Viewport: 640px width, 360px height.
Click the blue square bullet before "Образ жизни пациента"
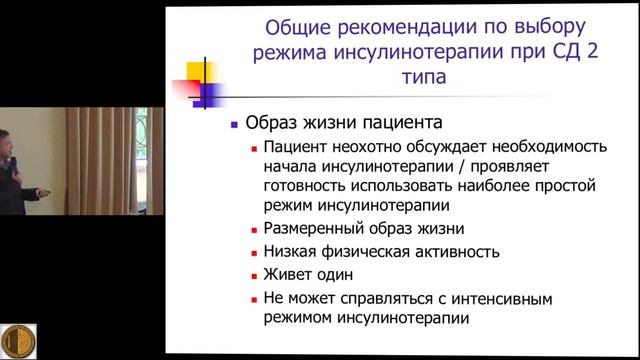pyautogui.click(x=234, y=127)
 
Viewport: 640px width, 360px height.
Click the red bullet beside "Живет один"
pyautogui.click(x=256, y=276)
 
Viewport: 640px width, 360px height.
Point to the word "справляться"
pyautogui.click(x=389, y=298)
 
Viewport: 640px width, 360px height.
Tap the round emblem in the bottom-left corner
pyautogui.click(x=16, y=340)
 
